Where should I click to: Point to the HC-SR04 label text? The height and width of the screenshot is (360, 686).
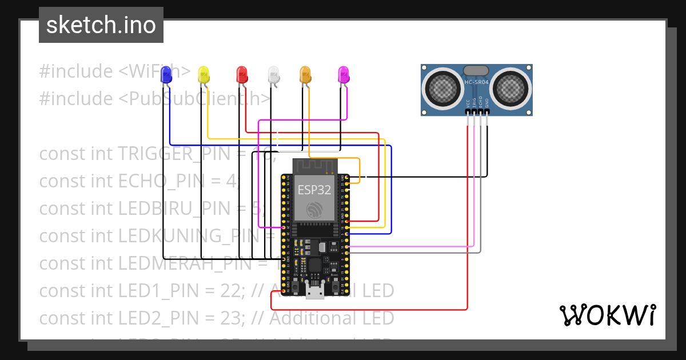[x=476, y=82]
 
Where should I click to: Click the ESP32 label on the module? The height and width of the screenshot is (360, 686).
[x=313, y=190]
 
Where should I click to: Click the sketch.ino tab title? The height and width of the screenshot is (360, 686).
[x=101, y=25]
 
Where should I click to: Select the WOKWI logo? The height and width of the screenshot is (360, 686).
[x=607, y=315]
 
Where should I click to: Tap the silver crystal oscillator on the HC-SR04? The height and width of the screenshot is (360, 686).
[x=476, y=70]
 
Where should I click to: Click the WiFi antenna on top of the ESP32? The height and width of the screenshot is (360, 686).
[x=313, y=166]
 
